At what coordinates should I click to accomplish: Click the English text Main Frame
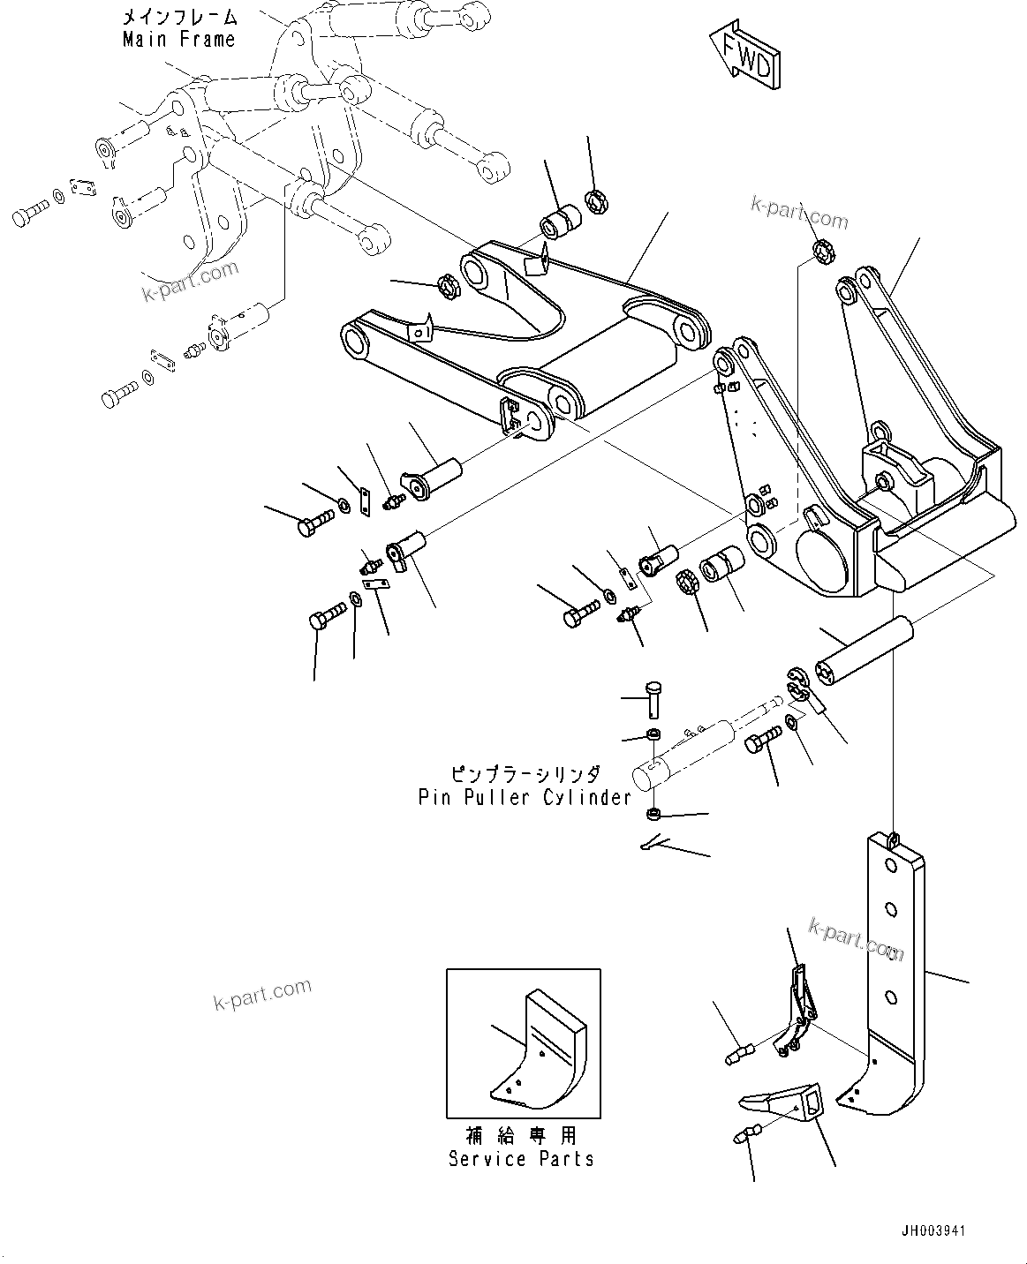click(179, 40)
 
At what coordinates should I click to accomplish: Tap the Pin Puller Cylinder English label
click(525, 797)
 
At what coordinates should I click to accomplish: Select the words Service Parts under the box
click(521, 1158)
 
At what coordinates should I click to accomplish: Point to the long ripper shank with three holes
click(895, 953)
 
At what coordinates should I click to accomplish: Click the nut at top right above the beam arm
click(824, 252)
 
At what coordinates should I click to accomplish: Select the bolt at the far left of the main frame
click(29, 214)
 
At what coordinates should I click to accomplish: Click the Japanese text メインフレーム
click(179, 17)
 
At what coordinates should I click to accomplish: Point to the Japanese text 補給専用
click(521, 1135)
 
